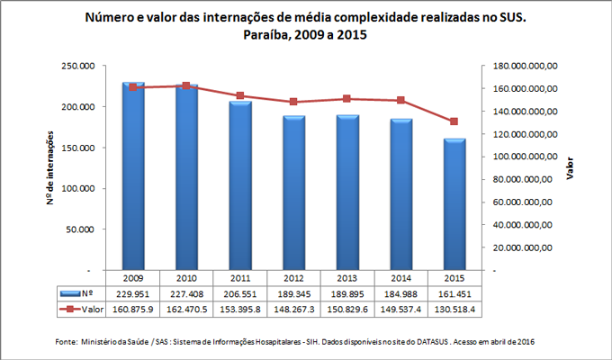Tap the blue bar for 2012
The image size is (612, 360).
click(x=293, y=193)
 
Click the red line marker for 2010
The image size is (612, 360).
click(x=186, y=86)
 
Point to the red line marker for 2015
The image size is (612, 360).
click(x=454, y=121)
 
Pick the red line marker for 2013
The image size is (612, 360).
click(x=346, y=99)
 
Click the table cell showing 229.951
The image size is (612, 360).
click(x=133, y=293)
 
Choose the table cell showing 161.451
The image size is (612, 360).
click(x=453, y=293)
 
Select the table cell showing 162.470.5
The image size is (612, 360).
click(x=186, y=309)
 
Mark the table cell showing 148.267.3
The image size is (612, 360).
click(x=293, y=309)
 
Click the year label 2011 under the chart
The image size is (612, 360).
click(x=239, y=278)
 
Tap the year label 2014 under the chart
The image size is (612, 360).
click(x=400, y=278)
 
